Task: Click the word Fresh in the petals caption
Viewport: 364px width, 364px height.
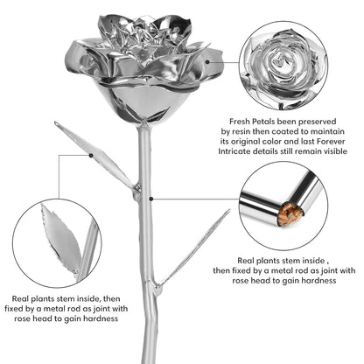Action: tap(239, 122)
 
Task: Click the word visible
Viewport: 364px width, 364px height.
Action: tap(334, 151)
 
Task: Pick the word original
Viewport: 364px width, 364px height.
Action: tap(248, 142)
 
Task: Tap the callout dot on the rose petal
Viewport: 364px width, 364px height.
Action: tap(207, 62)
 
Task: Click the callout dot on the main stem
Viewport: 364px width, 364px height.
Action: tap(151, 199)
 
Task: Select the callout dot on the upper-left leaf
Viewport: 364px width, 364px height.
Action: tap(91, 156)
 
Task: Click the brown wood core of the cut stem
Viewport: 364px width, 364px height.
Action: tap(290, 214)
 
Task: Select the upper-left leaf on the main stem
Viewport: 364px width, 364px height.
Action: tap(94, 155)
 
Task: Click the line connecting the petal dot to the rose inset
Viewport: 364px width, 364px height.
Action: tap(224, 62)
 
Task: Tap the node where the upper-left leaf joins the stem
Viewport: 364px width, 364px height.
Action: tap(136, 190)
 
